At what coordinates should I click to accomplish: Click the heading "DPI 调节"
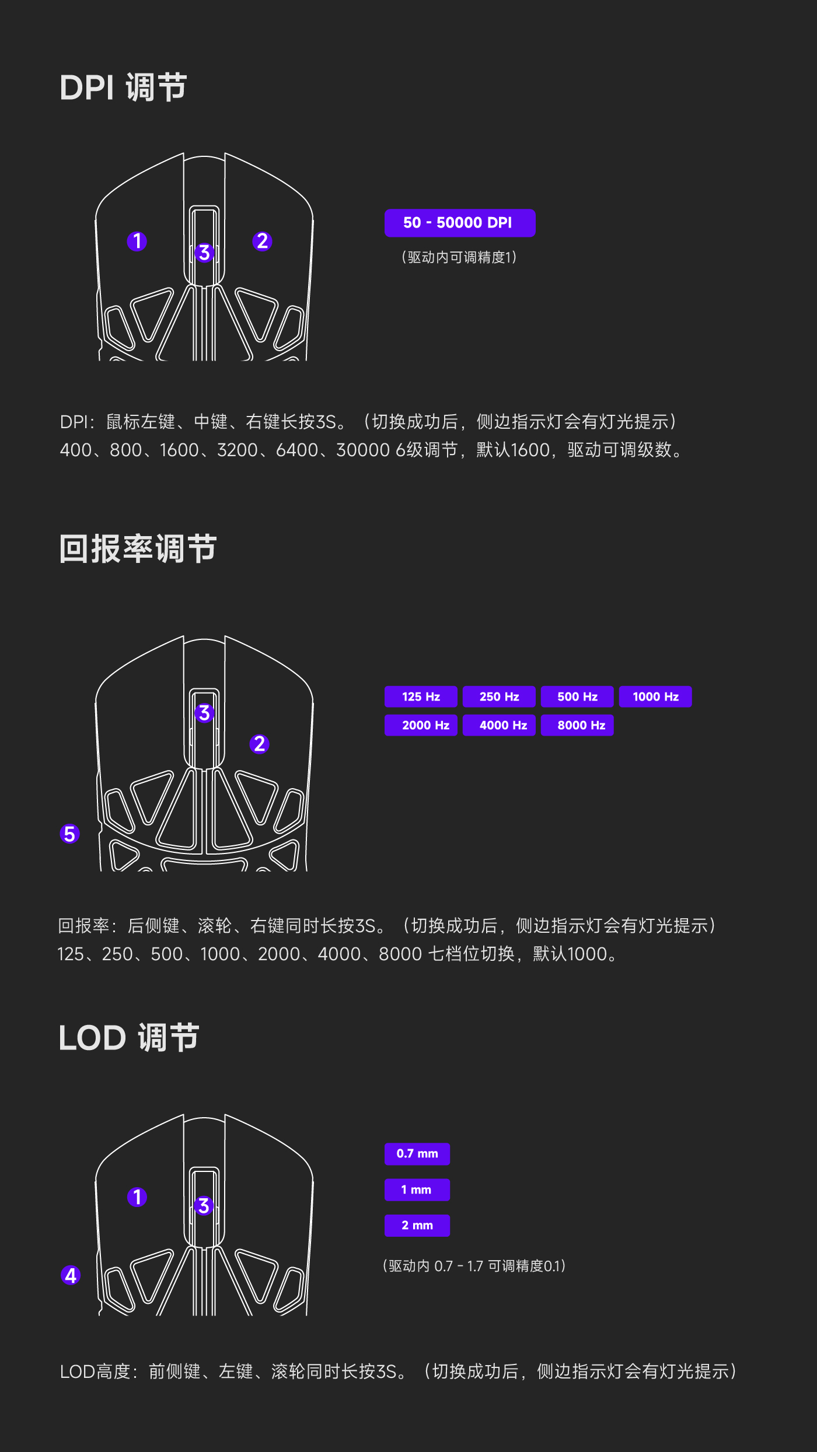click(123, 88)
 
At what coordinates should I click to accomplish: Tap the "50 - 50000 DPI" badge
click(460, 223)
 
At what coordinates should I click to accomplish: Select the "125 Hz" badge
click(421, 697)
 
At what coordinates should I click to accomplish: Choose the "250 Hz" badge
click(499, 697)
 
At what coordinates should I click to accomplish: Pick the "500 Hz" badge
click(577, 697)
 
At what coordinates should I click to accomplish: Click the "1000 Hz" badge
click(655, 697)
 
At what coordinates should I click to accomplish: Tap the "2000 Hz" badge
click(421, 725)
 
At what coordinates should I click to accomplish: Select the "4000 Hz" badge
click(499, 725)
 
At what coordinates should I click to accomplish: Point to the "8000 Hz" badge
click(577, 725)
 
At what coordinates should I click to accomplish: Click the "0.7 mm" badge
click(417, 1154)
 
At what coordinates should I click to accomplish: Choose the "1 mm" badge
click(417, 1189)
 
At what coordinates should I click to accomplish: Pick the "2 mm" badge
click(417, 1225)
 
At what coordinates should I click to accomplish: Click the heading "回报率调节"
click(138, 549)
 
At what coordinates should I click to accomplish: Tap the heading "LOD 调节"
click(129, 1038)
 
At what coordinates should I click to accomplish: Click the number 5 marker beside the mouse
click(69, 834)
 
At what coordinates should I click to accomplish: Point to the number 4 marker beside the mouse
click(71, 1275)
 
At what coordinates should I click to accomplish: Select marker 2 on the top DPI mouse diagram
click(262, 241)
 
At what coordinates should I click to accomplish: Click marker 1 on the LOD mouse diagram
click(137, 1197)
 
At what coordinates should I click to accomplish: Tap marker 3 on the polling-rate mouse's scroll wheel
click(204, 713)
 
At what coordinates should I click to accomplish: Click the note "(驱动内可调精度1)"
click(459, 257)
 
